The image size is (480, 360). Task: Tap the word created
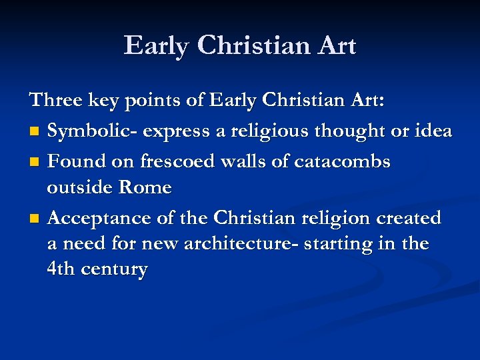pos(408,218)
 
